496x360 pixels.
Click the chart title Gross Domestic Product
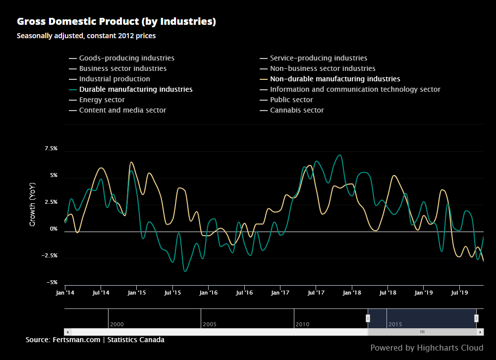pos(116,22)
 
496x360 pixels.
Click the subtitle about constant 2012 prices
pos(86,36)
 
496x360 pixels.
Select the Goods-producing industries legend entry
pos(126,58)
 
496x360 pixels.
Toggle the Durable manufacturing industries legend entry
pos(135,89)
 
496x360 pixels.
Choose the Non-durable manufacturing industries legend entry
pos(334,79)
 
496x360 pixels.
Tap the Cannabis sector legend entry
pos(296,110)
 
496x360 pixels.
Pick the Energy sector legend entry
pos(102,100)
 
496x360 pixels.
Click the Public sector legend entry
pos(291,100)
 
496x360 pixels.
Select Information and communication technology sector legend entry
pos(355,89)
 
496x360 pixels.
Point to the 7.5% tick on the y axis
pos(51,149)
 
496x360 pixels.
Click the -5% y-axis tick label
pos(52,283)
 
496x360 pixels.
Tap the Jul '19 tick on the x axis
pos(459,293)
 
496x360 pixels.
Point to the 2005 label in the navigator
pos(210,324)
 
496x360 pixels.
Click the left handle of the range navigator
pos(368,318)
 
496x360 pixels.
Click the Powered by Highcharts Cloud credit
pos(427,348)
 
